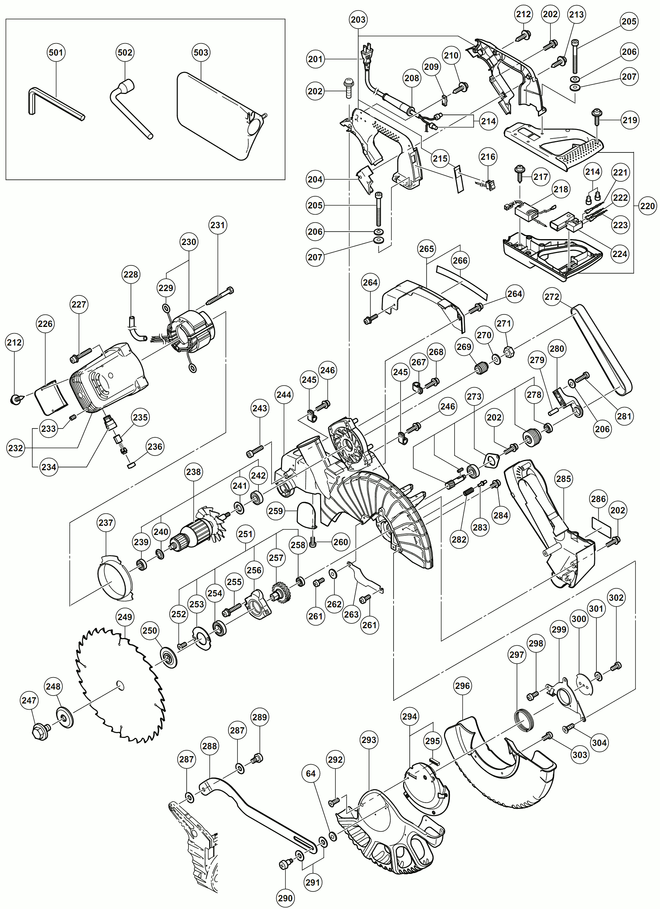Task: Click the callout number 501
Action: [x=56, y=53]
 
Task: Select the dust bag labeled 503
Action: [x=218, y=116]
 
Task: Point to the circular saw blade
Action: [x=120, y=686]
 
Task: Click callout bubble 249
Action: [x=125, y=617]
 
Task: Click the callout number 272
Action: [x=552, y=297]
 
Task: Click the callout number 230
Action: [x=189, y=242]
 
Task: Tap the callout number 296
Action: [x=463, y=686]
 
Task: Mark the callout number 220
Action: [x=648, y=206]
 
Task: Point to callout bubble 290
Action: [x=285, y=898]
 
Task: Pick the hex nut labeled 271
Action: [x=509, y=352]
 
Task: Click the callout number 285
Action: [x=564, y=479]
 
